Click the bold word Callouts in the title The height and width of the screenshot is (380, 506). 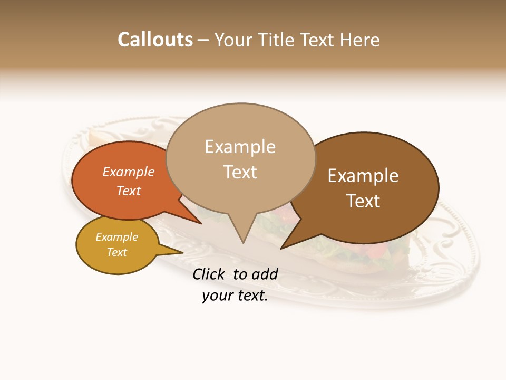coord(155,40)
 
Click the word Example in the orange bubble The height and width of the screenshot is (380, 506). coord(129,172)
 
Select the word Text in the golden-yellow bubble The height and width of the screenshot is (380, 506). coord(117,252)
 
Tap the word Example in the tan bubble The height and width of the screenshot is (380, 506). coord(240,147)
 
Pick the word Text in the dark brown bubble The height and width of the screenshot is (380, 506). coord(363,201)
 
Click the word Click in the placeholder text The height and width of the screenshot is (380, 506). coord(210,274)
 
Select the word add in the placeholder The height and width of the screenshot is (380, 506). coord(264,274)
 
